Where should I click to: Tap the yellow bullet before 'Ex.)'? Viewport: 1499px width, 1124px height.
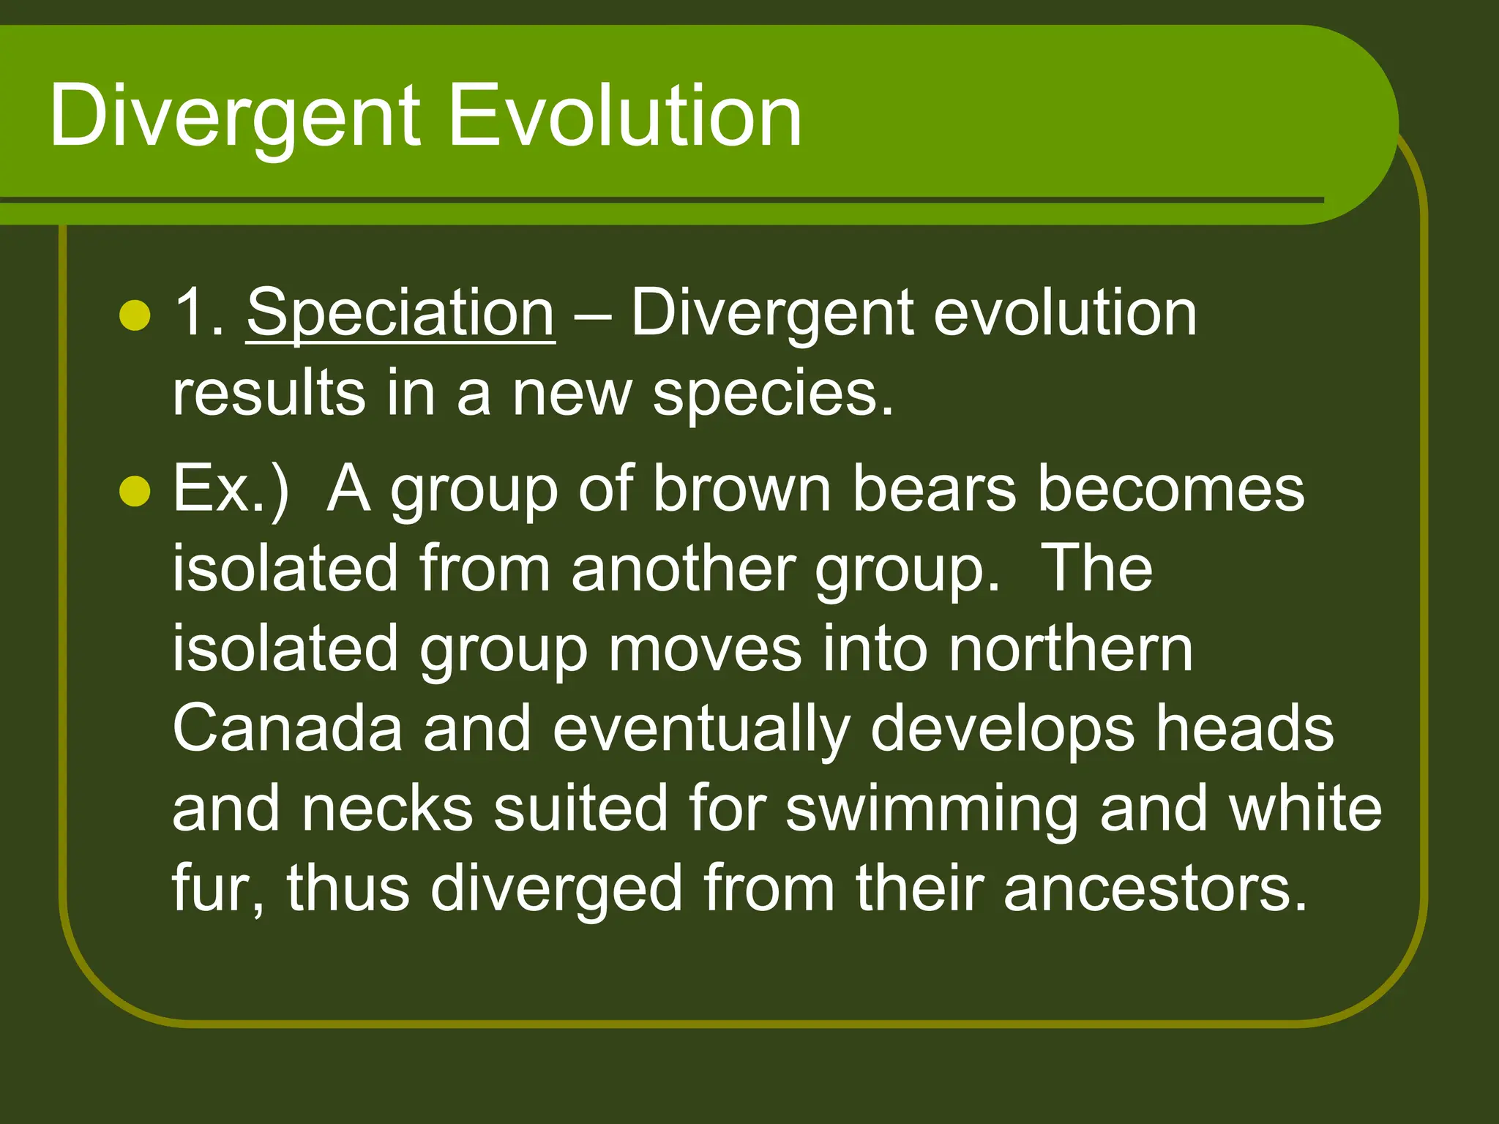point(135,491)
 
